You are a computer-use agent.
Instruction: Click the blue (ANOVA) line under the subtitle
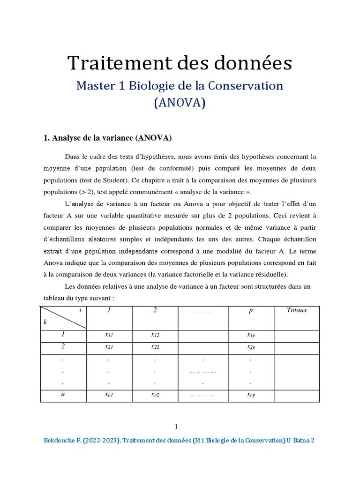click(x=180, y=103)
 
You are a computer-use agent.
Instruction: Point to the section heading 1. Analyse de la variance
click(x=108, y=138)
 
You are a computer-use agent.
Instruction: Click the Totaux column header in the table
click(x=296, y=311)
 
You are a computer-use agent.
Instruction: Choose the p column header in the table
click(x=251, y=311)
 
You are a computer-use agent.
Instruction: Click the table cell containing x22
click(x=155, y=347)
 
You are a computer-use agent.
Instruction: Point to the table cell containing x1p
click(x=251, y=335)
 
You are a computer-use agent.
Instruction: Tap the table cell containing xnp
click(x=251, y=395)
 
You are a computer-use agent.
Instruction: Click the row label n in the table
click(x=63, y=395)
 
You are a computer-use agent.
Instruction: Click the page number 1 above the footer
click(x=176, y=427)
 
